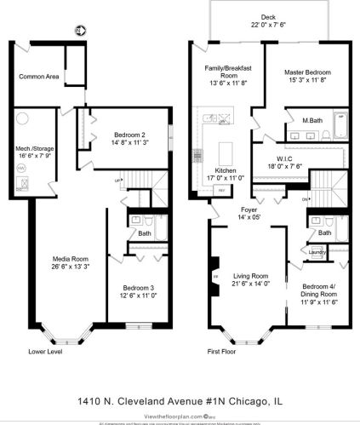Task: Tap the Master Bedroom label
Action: click(x=306, y=73)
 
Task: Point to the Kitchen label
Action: click(x=226, y=171)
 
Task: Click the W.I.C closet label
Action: click(x=284, y=158)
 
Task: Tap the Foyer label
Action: click(x=249, y=209)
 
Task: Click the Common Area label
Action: click(x=39, y=77)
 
